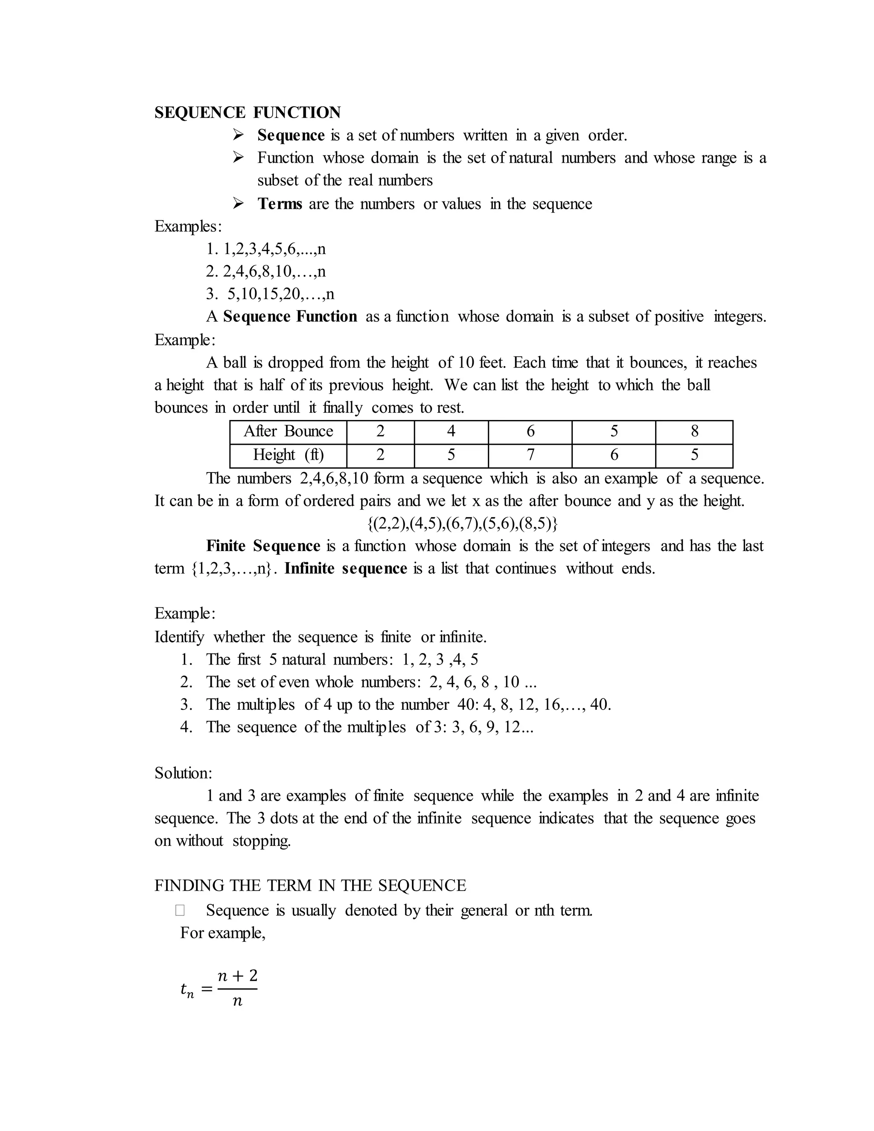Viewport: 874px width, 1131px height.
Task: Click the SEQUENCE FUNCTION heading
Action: click(248, 112)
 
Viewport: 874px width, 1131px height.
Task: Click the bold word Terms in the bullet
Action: click(280, 204)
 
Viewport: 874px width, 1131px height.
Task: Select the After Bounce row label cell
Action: click(288, 431)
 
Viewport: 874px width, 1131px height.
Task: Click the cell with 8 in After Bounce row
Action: click(694, 431)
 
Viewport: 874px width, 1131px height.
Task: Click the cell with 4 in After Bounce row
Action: click(451, 431)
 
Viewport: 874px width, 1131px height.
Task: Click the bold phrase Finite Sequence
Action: click(263, 546)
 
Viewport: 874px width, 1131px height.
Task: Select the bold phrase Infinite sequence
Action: click(345, 568)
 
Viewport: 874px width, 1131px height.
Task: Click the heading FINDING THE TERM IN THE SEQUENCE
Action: click(310, 886)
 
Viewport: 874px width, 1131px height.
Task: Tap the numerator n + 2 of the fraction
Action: click(237, 976)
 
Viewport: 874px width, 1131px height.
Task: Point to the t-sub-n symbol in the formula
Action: click(187, 990)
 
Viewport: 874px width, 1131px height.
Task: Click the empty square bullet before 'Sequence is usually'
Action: click(180, 910)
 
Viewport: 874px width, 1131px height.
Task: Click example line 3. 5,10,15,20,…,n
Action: click(270, 294)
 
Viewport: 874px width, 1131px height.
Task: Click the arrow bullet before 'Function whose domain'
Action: click(238, 157)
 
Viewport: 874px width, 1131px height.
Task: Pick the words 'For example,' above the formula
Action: click(223, 933)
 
